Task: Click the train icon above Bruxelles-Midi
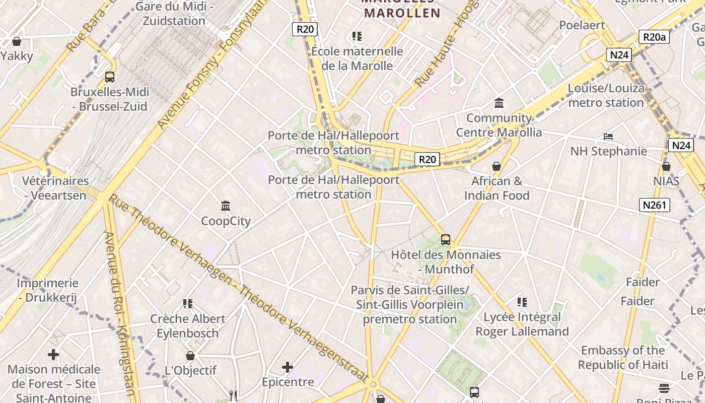click(109, 77)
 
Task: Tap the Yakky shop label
click(17, 56)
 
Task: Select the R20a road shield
click(654, 37)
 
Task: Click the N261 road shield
click(655, 205)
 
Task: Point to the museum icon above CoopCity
click(226, 206)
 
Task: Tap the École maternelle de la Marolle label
click(357, 58)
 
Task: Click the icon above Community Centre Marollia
click(499, 103)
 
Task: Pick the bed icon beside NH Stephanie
click(608, 137)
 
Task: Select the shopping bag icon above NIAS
click(666, 166)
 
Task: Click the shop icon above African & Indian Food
click(497, 166)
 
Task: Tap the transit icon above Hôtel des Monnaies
click(446, 240)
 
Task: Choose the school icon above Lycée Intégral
click(522, 302)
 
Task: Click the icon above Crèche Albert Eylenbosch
click(188, 304)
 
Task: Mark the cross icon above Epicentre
click(288, 367)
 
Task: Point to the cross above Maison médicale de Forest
click(53, 355)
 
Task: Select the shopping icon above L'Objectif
click(190, 356)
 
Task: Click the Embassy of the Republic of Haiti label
click(623, 357)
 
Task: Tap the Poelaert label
click(582, 25)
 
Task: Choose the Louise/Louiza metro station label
click(606, 95)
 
